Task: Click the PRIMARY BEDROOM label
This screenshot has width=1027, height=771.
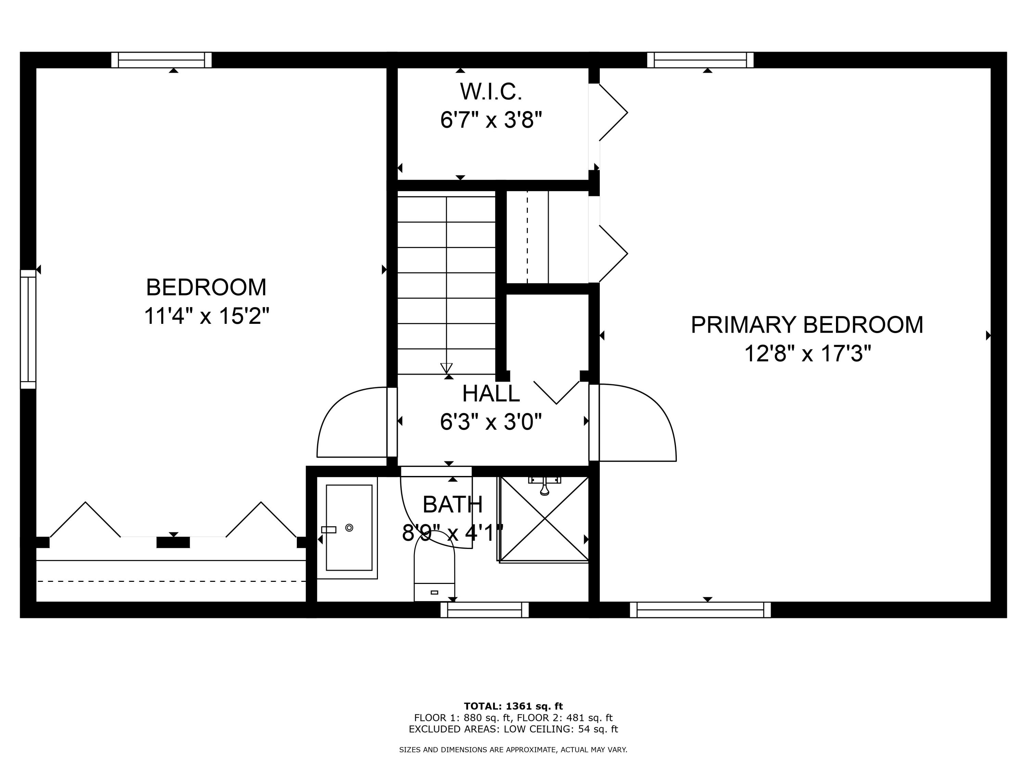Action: [x=807, y=325]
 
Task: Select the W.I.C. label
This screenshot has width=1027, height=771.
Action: [x=491, y=91]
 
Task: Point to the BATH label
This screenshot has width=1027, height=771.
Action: [x=452, y=505]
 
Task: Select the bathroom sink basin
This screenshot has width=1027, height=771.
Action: [x=349, y=527]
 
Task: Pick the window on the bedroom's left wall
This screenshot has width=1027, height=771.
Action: [x=28, y=329]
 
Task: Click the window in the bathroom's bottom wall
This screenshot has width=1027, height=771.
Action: [x=484, y=610]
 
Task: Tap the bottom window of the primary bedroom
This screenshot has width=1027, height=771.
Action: [x=700, y=610]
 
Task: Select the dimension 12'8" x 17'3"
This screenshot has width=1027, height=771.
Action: [x=807, y=354]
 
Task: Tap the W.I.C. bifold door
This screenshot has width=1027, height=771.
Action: [x=612, y=112]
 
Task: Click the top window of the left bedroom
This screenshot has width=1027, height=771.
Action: [x=161, y=60]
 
